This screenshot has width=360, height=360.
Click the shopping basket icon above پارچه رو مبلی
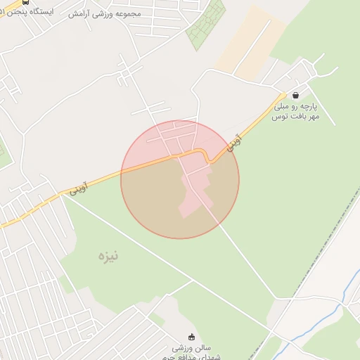tap(295, 95)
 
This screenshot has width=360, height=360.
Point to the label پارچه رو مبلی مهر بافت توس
tap(296, 110)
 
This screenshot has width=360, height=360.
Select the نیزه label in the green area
tap(108, 256)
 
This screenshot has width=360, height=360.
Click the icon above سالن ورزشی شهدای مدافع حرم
tap(191, 336)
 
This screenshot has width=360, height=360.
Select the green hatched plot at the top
tap(205, 25)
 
